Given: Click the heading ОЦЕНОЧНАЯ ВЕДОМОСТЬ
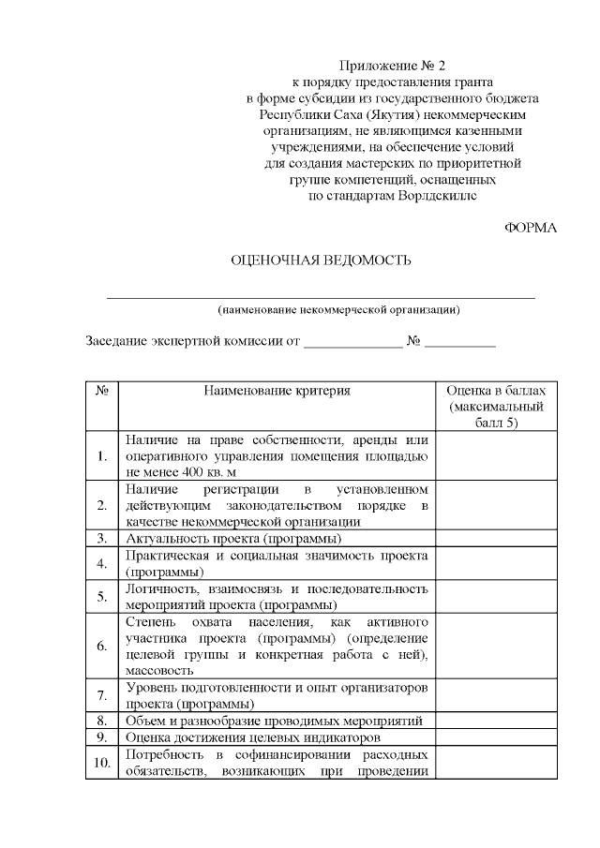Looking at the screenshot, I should click(321, 260).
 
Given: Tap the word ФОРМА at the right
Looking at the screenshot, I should click(531, 228).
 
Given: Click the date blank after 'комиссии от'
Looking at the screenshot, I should click(352, 342).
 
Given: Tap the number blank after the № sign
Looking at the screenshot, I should click(459, 342).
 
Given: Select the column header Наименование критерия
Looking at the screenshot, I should click(277, 391).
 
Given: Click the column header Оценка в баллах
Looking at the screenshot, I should click(495, 391).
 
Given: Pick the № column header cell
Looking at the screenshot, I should click(101, 391).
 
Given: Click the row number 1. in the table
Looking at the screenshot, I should click(101, 456).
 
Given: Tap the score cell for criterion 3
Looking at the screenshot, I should click(495, 539).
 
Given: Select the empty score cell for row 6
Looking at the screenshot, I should click(495, 646).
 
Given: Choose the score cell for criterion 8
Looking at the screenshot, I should click(495, 720).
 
